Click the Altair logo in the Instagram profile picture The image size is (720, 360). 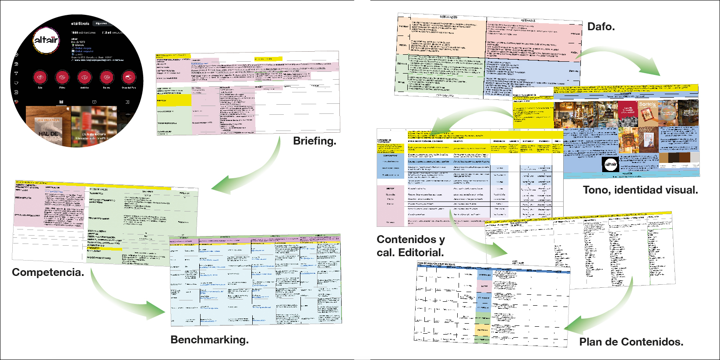point(46,40)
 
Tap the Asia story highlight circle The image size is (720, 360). point(40,78)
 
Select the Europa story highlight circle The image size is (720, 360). point(106,78)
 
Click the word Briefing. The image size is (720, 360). point(314,141)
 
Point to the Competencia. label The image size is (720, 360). point(48,272)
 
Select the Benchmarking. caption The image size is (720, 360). point(209,340)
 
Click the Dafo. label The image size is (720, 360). point(601,27)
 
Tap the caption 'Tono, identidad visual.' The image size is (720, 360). point(640,190)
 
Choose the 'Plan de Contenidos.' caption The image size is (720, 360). point(631,342)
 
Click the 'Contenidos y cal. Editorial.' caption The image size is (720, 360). point(410,246)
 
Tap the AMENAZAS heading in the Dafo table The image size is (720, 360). point(528,21)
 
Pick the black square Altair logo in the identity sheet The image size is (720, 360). point(611,165)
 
